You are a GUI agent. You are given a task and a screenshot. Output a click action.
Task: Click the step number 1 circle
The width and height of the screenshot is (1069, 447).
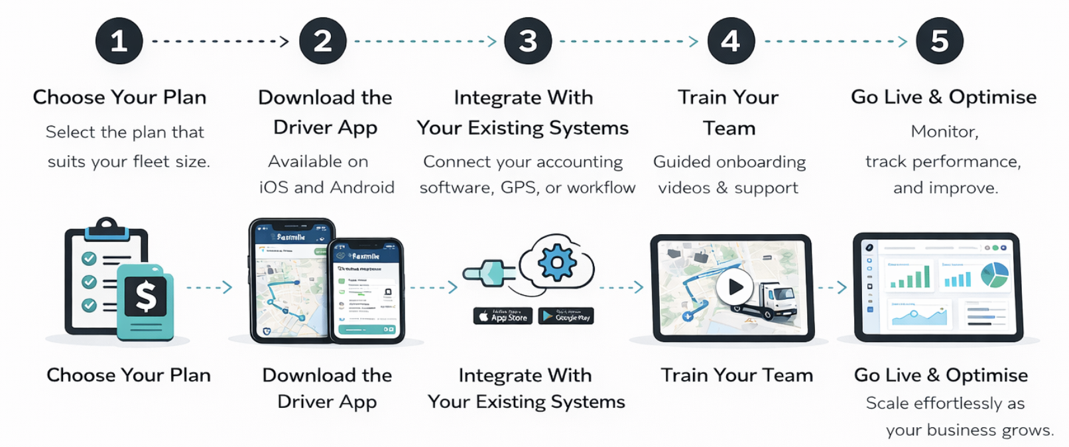point(119,41)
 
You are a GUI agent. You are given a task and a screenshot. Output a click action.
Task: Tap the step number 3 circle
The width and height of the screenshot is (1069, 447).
point(528,41)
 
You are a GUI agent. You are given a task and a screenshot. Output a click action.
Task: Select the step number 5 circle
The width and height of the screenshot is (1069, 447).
point(939,41)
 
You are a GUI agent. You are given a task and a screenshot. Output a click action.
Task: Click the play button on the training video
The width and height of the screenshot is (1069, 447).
point(734,287)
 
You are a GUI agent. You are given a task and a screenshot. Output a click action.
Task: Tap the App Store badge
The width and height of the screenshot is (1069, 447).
point(502,316)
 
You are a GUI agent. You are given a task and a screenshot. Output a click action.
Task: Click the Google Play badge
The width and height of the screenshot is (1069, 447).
point(566,316)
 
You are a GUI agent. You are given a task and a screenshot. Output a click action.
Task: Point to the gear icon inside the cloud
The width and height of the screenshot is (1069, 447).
point(556,263)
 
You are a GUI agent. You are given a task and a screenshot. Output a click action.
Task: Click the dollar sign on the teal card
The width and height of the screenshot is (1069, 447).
point(146,296)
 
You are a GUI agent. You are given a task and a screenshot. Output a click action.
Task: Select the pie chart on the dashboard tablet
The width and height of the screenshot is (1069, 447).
point(994,275)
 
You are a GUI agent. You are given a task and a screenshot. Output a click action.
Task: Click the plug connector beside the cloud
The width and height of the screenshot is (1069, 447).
point(489,273)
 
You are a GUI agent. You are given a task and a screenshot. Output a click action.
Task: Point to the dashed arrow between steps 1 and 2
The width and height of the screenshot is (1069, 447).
point(220,41)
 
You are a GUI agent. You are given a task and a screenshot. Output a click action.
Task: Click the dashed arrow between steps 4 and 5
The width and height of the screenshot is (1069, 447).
point(836,41)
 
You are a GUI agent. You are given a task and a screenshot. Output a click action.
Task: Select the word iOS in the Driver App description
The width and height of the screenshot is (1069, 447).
point(273,188)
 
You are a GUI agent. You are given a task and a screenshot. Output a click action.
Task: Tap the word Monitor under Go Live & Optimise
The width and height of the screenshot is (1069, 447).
point(944,131)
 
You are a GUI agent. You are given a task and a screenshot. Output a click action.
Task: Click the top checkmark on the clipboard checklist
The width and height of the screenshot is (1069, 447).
point(89,259)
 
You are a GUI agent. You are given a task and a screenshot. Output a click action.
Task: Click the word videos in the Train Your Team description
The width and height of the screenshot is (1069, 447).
point(684,188)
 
